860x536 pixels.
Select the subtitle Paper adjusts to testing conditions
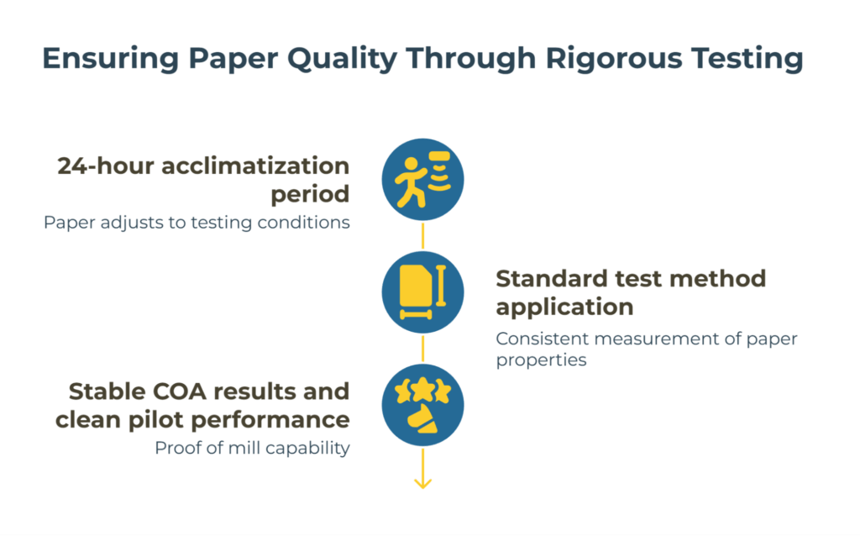(x=197, y=223)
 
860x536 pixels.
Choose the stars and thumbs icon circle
(x=422, y=406)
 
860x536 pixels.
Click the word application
(x=564, y=307)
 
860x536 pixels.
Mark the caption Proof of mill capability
(x=252, y=448)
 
